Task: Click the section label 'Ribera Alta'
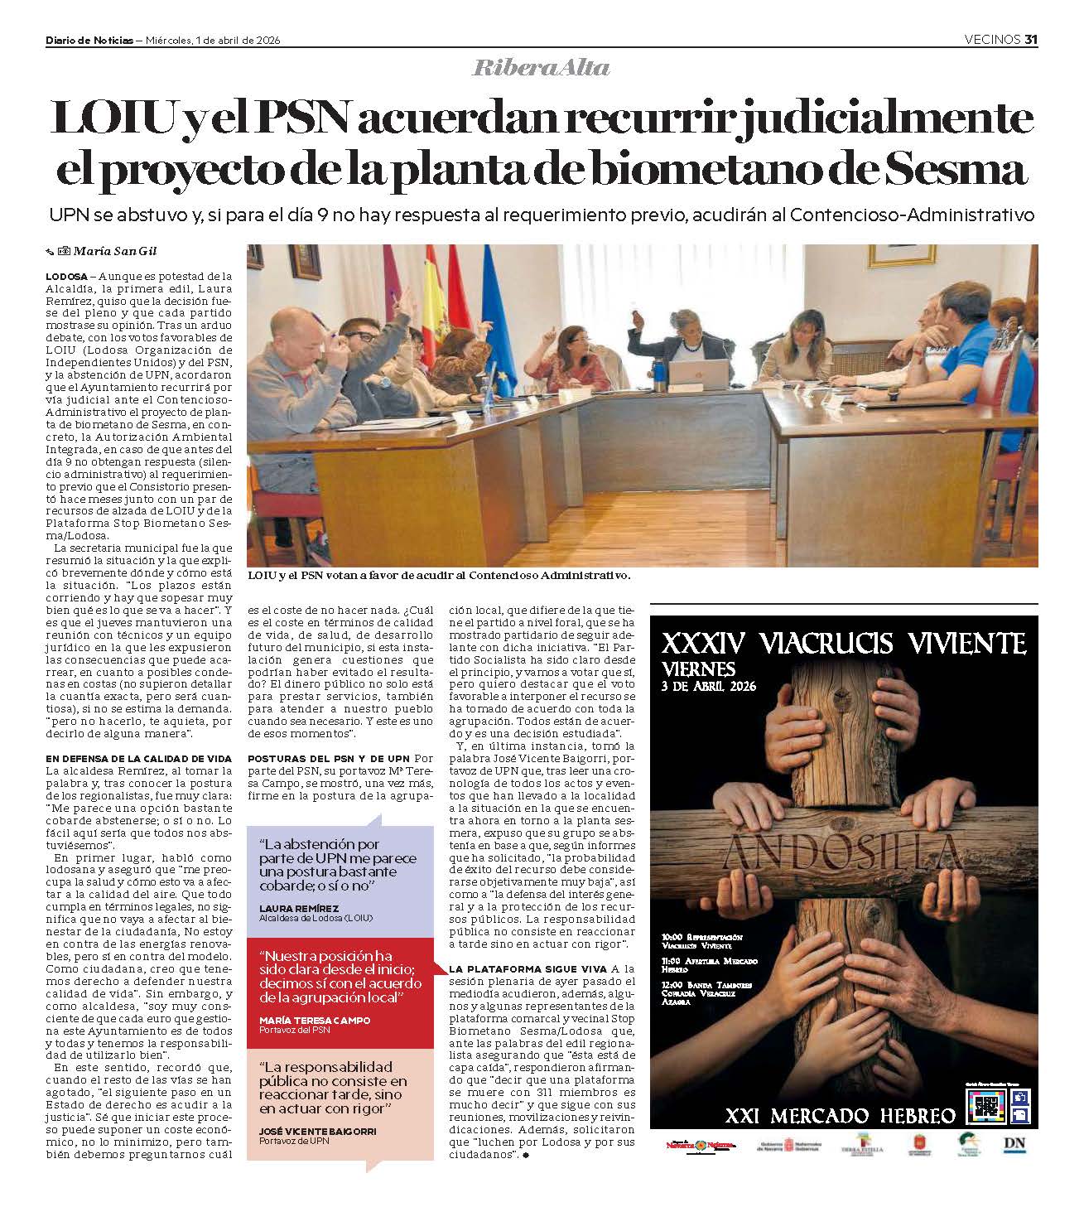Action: pos(541,68)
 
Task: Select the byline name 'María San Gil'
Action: pos(115,251)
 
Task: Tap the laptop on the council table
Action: pos(698,374)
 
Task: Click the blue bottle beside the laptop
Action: pos(658,375)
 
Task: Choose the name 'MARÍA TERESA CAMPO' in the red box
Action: pos(315,1020)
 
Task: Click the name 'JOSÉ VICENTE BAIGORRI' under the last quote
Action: pos(318,1131)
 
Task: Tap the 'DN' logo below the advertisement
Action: pos(1014,1145)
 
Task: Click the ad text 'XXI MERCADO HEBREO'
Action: pos(840,1116)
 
